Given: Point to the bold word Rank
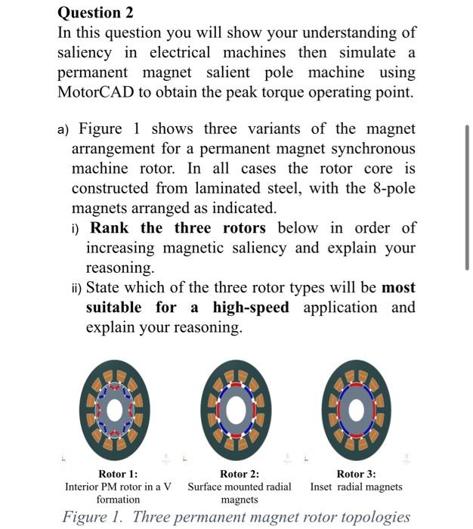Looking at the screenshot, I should pos(110,228).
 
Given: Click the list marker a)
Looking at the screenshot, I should pos(65,130).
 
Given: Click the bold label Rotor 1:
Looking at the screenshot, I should pos(118,474).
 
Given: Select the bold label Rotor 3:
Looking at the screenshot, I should pos(356,474).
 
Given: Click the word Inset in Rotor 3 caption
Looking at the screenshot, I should pos(323,487).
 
